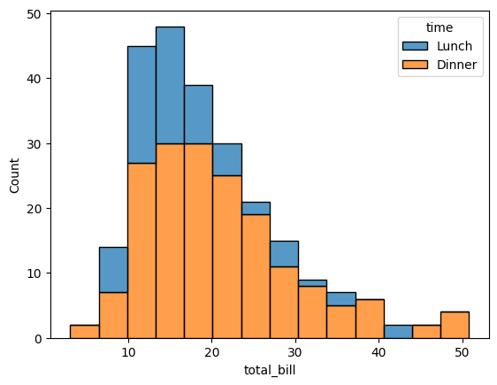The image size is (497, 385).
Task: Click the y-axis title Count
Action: [13, 175]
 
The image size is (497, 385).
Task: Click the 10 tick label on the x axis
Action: [128, 351]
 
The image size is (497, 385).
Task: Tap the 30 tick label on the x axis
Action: [294, 351]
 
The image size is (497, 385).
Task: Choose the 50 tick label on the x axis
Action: [461, 351]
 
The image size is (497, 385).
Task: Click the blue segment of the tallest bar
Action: [170, 85]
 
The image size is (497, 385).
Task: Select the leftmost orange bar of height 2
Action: [85, 332]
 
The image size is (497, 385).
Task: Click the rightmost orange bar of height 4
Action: [455, 325]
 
